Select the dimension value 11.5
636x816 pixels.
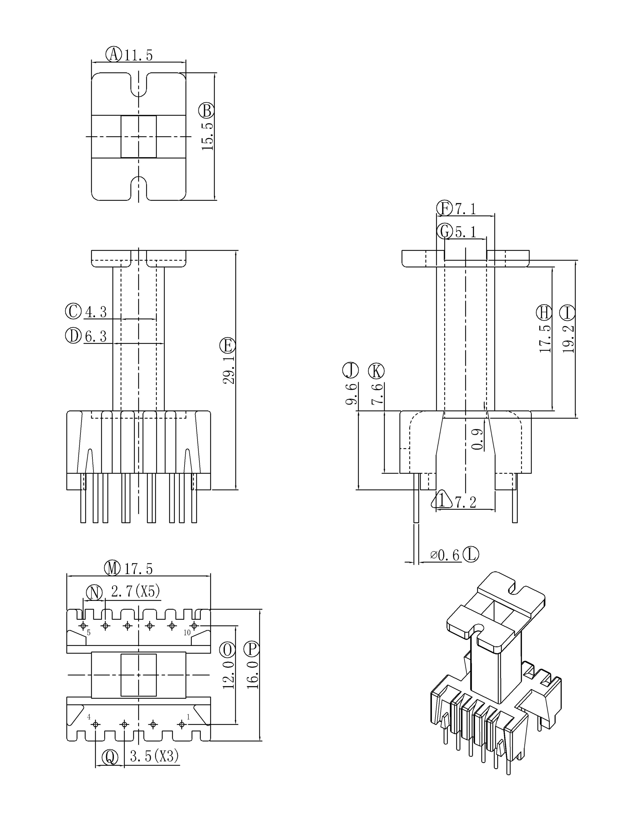(x=138, y=55)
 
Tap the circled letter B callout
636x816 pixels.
(x=206, y=111)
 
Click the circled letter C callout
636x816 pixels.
(x=73, y=311)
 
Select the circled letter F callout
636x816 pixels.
(x=445, y=208)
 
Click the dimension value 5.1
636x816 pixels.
(x=466, y=232)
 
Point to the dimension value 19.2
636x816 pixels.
(x=568, y=339)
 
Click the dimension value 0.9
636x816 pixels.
(x=478, y=439)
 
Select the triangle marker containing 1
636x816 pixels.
(x=442, y=500)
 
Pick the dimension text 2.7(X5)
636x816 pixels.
(x=135, y=591)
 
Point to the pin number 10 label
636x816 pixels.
(x=187, y=633)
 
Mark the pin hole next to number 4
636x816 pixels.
(x=96, y=725)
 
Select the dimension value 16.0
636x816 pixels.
(x=252, y=675)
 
